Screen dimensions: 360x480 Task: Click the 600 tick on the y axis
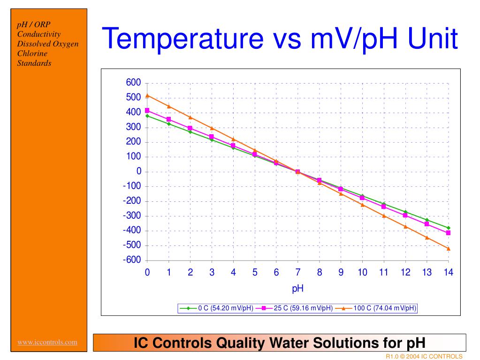click(x=133, y=83)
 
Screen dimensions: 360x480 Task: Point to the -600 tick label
click(x=132, y=260)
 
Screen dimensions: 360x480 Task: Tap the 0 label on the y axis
click(x=138, y=171)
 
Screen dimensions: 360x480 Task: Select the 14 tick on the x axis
click(x=448, y=273)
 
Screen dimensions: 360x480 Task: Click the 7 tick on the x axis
click(x=297, y=273)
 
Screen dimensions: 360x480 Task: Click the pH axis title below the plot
click(x=297, y=289)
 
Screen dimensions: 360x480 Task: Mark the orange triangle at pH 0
click(x=147, y=95)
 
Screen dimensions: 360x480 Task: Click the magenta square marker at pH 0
click(x=147, y=111)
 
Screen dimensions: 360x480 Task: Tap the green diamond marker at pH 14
click(x=448, y=228)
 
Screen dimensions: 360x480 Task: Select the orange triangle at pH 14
click(x=448, y=248)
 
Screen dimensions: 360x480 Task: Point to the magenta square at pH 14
click(x=448, y=233)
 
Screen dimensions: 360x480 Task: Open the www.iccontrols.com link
click(x=47, y=342)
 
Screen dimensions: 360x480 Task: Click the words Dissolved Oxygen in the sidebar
click(x=47, y=44)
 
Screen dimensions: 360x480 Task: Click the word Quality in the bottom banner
click(x=241, y=343)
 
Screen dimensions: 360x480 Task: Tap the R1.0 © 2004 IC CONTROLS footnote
click(x=424, y=356)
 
